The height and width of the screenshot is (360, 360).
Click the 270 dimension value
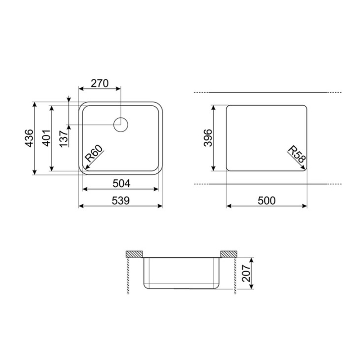coord(99,84)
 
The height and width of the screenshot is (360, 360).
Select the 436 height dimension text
coord(29,138)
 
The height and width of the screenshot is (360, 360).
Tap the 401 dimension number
coord(47,138)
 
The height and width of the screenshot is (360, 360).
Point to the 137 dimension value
coord(64,139)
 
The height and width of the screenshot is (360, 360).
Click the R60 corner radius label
coord(94,153)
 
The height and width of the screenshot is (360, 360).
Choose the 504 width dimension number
coord(121,184)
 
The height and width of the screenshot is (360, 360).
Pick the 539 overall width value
coord(121,201)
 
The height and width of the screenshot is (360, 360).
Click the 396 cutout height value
coord(208,138)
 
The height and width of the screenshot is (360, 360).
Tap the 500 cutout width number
coord(266,201)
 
